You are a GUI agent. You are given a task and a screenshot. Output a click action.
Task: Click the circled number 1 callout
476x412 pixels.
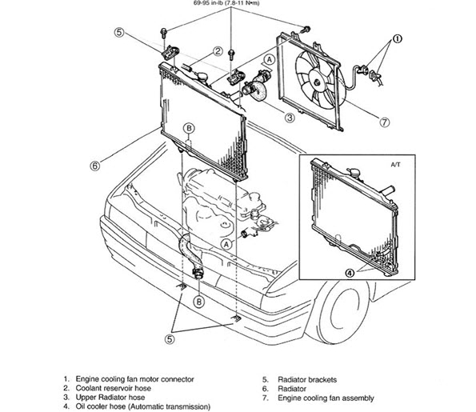click(x=397, y=39)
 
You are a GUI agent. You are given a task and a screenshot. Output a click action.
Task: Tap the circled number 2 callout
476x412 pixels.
click(x=218, y=51)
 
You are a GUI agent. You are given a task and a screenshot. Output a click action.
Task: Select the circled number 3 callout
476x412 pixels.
click(x=290, y=117)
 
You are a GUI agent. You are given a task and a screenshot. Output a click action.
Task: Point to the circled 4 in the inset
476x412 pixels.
click(x=350, y=274)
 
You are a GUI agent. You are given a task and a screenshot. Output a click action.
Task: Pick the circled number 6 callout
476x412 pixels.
click(x=95, y=166)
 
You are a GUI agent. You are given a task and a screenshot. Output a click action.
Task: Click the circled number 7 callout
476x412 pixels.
click(x=384, y=122)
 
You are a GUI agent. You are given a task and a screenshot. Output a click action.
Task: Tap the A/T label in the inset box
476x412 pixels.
click(x=395, y=165)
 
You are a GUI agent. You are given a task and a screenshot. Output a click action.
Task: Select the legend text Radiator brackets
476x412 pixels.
click(x=307, y=379)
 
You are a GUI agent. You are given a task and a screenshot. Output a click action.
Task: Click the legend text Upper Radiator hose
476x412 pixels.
click(x=110, y=397)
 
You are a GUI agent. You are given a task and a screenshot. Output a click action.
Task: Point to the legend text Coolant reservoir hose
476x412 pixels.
click(x=114, y=388)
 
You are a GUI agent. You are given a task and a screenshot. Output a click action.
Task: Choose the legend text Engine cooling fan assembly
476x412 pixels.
click(x=326, y=398)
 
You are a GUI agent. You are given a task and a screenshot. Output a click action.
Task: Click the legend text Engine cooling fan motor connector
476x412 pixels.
click(x=134, y=379)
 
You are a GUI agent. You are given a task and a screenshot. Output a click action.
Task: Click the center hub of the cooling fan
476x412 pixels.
click(x=318, y=82)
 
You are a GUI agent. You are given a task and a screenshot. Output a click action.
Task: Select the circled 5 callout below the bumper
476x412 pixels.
click(x=170, y=339)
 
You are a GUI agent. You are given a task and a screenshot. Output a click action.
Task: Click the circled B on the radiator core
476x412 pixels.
click(x=189, y=129)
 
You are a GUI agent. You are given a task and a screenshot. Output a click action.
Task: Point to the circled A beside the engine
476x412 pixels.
click(x=226, y=244)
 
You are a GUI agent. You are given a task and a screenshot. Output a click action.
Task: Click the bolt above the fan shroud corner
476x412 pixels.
click(x=306, y=30)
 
